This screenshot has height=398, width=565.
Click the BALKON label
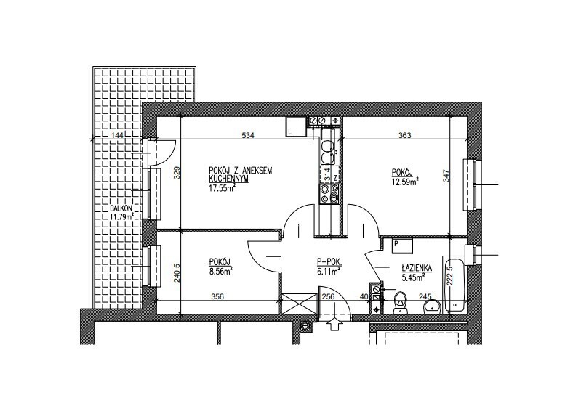click(x=121, y=208)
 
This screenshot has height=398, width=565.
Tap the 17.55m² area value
click(x=222, y=187)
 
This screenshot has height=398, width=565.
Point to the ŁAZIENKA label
click(x=417, y=268)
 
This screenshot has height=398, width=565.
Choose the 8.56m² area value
click(x=220, y=271)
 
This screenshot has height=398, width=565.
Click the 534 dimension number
click(x=248, y=135)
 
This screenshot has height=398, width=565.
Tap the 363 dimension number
click(x=404, y=135)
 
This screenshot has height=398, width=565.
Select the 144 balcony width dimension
click(x=118, y=135)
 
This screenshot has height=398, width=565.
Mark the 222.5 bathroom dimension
click(x=449, y=276)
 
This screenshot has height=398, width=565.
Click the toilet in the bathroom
click(x=400, y=302)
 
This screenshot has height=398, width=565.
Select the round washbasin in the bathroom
click(x=432, y=306)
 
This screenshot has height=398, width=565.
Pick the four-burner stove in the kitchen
click(x=329, y=194)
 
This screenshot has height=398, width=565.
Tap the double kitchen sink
click(x=329, y=153)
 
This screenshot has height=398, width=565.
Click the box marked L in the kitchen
click(x=296, y=126)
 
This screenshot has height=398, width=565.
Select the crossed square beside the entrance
click(x=299, y=304)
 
